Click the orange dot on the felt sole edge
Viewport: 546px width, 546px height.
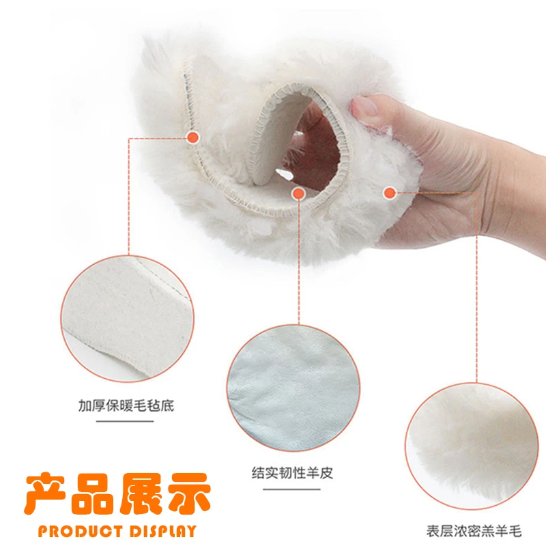point(193,137)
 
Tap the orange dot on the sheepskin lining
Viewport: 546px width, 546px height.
point(298,194)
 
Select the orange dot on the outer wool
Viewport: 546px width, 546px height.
point(389,192)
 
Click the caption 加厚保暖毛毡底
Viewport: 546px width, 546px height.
point(126,405)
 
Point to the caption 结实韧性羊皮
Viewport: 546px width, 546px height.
point(292,472)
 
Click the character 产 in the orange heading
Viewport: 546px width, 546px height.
point(47,493)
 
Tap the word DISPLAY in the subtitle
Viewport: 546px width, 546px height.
point(163,531)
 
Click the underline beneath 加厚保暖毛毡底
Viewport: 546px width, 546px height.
point(126,421)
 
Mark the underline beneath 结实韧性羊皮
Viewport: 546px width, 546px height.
point(292,489)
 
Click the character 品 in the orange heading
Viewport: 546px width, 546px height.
point(94,493)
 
